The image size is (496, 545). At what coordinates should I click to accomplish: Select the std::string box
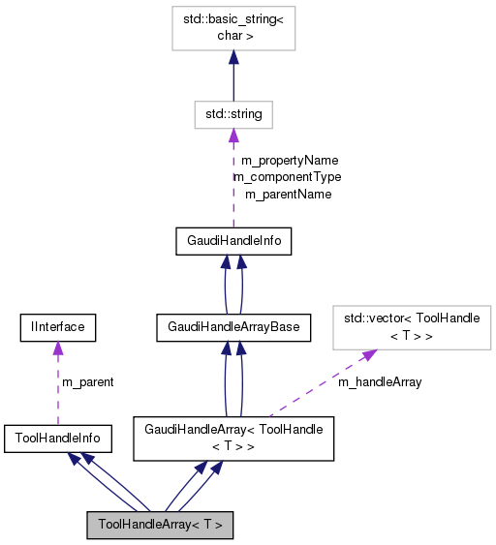[x=233, y=114]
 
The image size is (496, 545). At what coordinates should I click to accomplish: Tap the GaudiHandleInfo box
[x=232, y=242]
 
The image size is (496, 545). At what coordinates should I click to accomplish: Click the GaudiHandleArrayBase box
[x=232, y=328]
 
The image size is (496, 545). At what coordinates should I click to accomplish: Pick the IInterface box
[x=58, y=327]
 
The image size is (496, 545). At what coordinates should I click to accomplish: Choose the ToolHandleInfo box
[x=58, y=439]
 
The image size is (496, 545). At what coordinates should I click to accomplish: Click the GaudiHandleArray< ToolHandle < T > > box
[x=232, y=438]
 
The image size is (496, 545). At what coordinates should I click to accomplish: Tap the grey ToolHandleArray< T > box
[x=160, y=524]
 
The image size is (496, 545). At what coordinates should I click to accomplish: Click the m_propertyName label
[x=289, y=160]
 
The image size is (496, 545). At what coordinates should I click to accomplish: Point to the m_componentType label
[x=287, y=177]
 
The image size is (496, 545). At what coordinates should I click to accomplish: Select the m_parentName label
[x=288, y=195]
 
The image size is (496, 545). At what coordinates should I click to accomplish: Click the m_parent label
[x=87, y=382]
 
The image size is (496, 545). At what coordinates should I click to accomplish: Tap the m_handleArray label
[x=380, y=382]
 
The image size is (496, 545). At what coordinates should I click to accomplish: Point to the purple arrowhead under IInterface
[x=58, y=348]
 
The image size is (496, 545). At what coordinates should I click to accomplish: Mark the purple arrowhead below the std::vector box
[x=369, y=355]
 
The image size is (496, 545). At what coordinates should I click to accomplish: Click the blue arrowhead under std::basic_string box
[x=233, y=58]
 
